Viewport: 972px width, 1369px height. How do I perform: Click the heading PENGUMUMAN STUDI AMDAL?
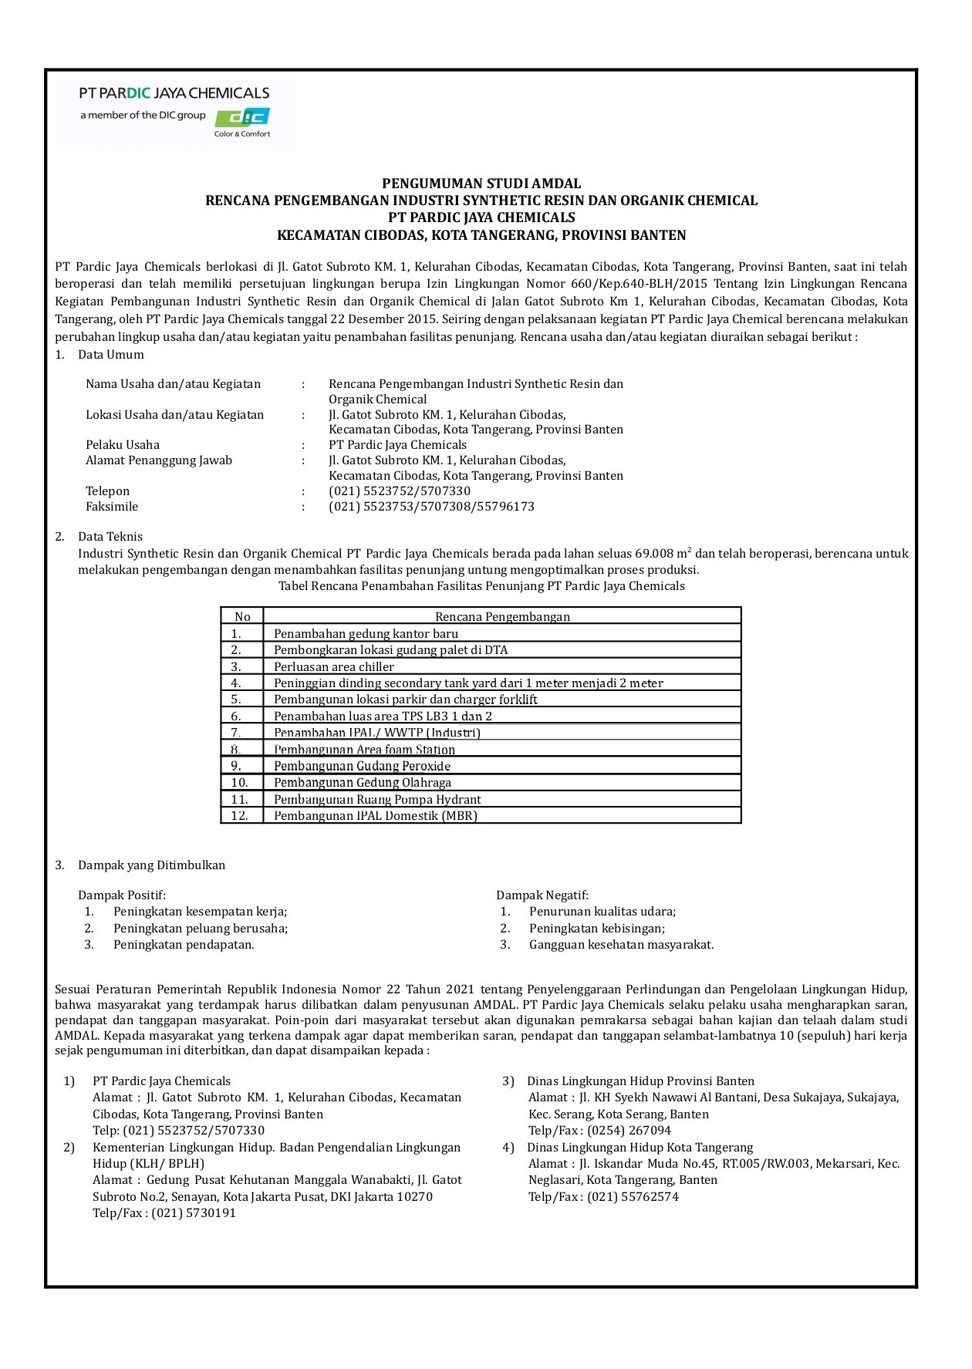click(481, 184)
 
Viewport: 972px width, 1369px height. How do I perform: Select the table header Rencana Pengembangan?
click(502, 616)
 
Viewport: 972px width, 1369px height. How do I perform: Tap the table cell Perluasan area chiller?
click(333, 666)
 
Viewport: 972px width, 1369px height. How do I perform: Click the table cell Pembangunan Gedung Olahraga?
click(362, 782)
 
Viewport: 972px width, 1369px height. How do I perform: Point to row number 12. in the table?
click(240, 815)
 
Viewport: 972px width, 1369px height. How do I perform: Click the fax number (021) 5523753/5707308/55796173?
click(431, 507)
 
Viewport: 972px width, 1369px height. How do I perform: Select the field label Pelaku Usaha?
click(123, 445)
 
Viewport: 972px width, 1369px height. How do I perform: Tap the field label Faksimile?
click(112, 507)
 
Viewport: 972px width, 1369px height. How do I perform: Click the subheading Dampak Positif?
click(122, 895)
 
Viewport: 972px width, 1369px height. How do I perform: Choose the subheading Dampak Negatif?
click(542, 895)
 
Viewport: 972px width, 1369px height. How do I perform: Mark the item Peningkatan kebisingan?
click(596, 928)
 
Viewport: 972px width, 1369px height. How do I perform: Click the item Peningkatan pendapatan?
click(184, 944)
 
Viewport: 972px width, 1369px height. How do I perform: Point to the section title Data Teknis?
click(110, 536)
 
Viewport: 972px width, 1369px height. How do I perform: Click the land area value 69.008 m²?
click(663, 553)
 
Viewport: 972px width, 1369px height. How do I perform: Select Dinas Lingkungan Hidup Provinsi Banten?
click(640, 1081)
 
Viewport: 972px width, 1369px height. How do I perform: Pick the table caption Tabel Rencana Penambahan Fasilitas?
click(481, 585)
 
